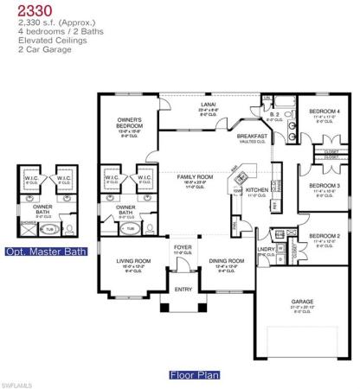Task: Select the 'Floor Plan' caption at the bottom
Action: [x=195, y=376]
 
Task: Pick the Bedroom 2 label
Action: [x=326, y=235]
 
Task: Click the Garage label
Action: [x=302, y=302]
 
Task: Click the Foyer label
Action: [x=183, y=247]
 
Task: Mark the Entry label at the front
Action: [x=183, y=290]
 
